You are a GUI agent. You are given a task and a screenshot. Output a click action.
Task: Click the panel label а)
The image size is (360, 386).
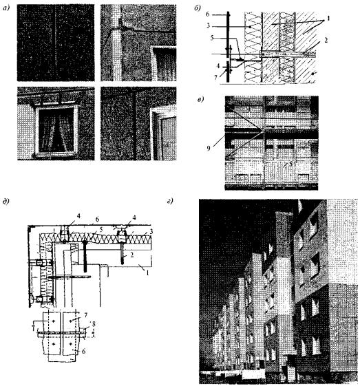pos(6,9)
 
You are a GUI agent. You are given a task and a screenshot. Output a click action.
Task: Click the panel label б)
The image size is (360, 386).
pos(198,9)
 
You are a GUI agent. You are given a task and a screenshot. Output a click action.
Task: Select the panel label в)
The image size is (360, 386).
pos(201,100)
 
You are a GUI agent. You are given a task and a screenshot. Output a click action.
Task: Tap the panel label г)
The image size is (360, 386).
pos(170,202)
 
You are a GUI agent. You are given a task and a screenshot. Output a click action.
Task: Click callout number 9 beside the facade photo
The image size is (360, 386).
pos(209,149)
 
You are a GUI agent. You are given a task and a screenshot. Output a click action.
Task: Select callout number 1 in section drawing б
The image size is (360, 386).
pos(328,19)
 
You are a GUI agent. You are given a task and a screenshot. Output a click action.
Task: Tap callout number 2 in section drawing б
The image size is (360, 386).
pos(326,40)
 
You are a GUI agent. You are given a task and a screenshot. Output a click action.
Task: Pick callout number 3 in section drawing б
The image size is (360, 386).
pos(208,25)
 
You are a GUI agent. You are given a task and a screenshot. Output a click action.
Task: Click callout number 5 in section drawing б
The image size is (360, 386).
pos(212,38)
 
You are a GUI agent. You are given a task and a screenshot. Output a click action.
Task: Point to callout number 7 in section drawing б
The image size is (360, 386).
pos(215,78)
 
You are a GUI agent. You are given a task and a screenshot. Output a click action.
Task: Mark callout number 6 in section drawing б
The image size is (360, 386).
pos(208,14)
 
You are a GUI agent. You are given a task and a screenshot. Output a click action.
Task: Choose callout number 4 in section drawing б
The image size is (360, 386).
pos(218,66)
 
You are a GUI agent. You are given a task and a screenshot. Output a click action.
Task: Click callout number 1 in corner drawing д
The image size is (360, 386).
pos(147,272)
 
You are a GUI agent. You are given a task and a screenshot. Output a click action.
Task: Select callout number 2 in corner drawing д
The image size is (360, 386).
pos(132,255)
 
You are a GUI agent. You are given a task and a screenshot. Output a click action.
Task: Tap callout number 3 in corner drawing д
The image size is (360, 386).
pos(151,231)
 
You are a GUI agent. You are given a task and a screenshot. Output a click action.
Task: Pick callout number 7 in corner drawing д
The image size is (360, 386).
pos(85,315)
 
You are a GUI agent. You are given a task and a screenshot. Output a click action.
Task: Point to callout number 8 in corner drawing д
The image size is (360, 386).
pos(93,324)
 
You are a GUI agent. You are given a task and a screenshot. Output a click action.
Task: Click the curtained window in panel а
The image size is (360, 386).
pos(56,131)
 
